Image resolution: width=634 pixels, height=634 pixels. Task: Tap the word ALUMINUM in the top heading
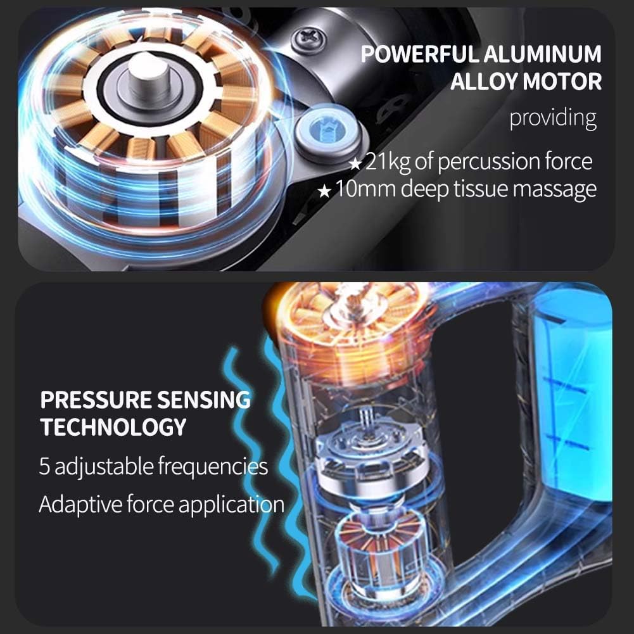543,54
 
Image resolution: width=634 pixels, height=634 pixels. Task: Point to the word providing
553,118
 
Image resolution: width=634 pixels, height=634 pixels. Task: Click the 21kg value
388,162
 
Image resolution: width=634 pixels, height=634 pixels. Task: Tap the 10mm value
365,188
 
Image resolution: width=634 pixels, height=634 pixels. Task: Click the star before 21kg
355,164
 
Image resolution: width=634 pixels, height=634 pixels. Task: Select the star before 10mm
324,191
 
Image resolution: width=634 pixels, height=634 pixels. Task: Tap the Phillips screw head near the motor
309,39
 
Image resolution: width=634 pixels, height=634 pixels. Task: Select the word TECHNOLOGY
113,427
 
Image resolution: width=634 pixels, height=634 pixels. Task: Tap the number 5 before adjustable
44,466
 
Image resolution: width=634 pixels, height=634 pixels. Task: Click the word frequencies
213,467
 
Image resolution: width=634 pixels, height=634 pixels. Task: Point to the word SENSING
204,400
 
